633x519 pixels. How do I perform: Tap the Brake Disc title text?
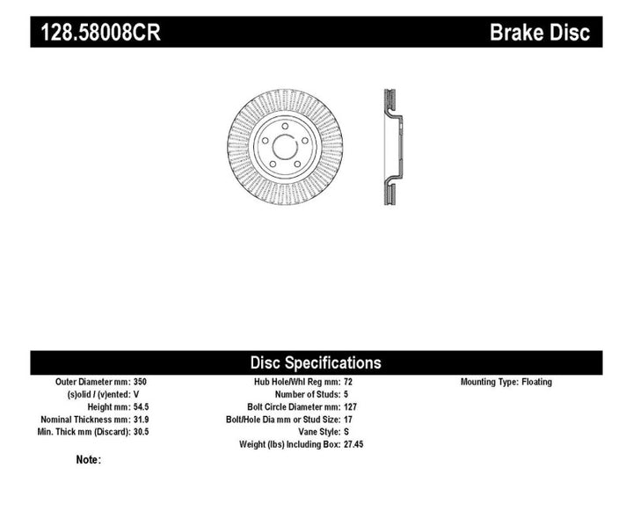(540, 33)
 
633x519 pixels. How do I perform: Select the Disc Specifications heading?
(316, 362)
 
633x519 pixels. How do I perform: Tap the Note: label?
(89, 460)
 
